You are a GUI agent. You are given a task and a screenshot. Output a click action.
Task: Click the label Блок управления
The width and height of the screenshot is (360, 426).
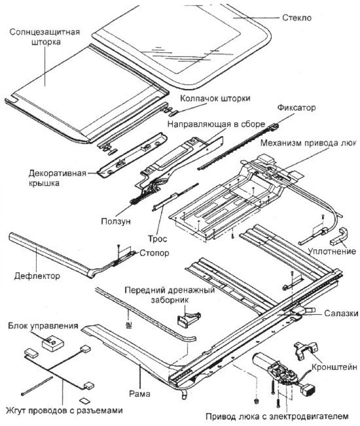click(x=42, y=326)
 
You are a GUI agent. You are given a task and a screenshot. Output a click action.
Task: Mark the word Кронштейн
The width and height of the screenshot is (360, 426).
click(x=333, y=367)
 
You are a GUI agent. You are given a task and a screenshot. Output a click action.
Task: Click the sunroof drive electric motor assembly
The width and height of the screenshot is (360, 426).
click(x=274, y=371)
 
